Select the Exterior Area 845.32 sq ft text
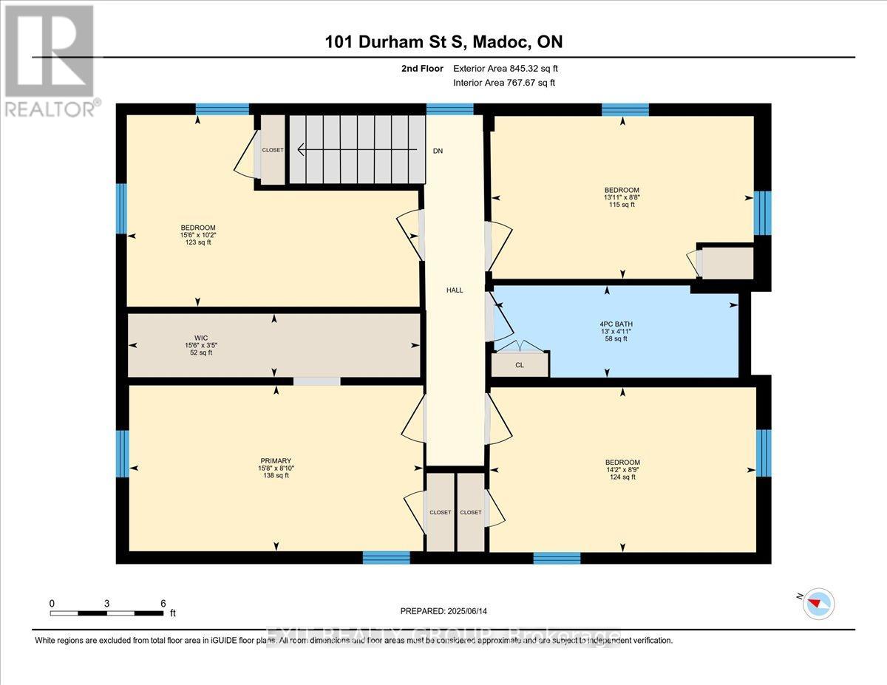click(x=505, y=69)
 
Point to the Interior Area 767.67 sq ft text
click(x=503, y=83)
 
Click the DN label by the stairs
click(x=438, y=151)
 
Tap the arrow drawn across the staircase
click(x=355, y=151)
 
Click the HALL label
click(x=455, y=290)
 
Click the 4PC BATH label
click(x=616, y=324)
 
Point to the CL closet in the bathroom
click(x=520, y=364)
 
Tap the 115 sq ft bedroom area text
click(x=622, y=205)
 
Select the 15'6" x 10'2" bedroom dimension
click(x=198, y=235)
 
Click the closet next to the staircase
click(x=271, y=150)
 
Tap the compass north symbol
click(x=819, y=603)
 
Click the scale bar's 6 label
click(x=163, y=603)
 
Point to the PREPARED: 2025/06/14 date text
click(x=443, y=611)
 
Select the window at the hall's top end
click(x=449, y=109)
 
